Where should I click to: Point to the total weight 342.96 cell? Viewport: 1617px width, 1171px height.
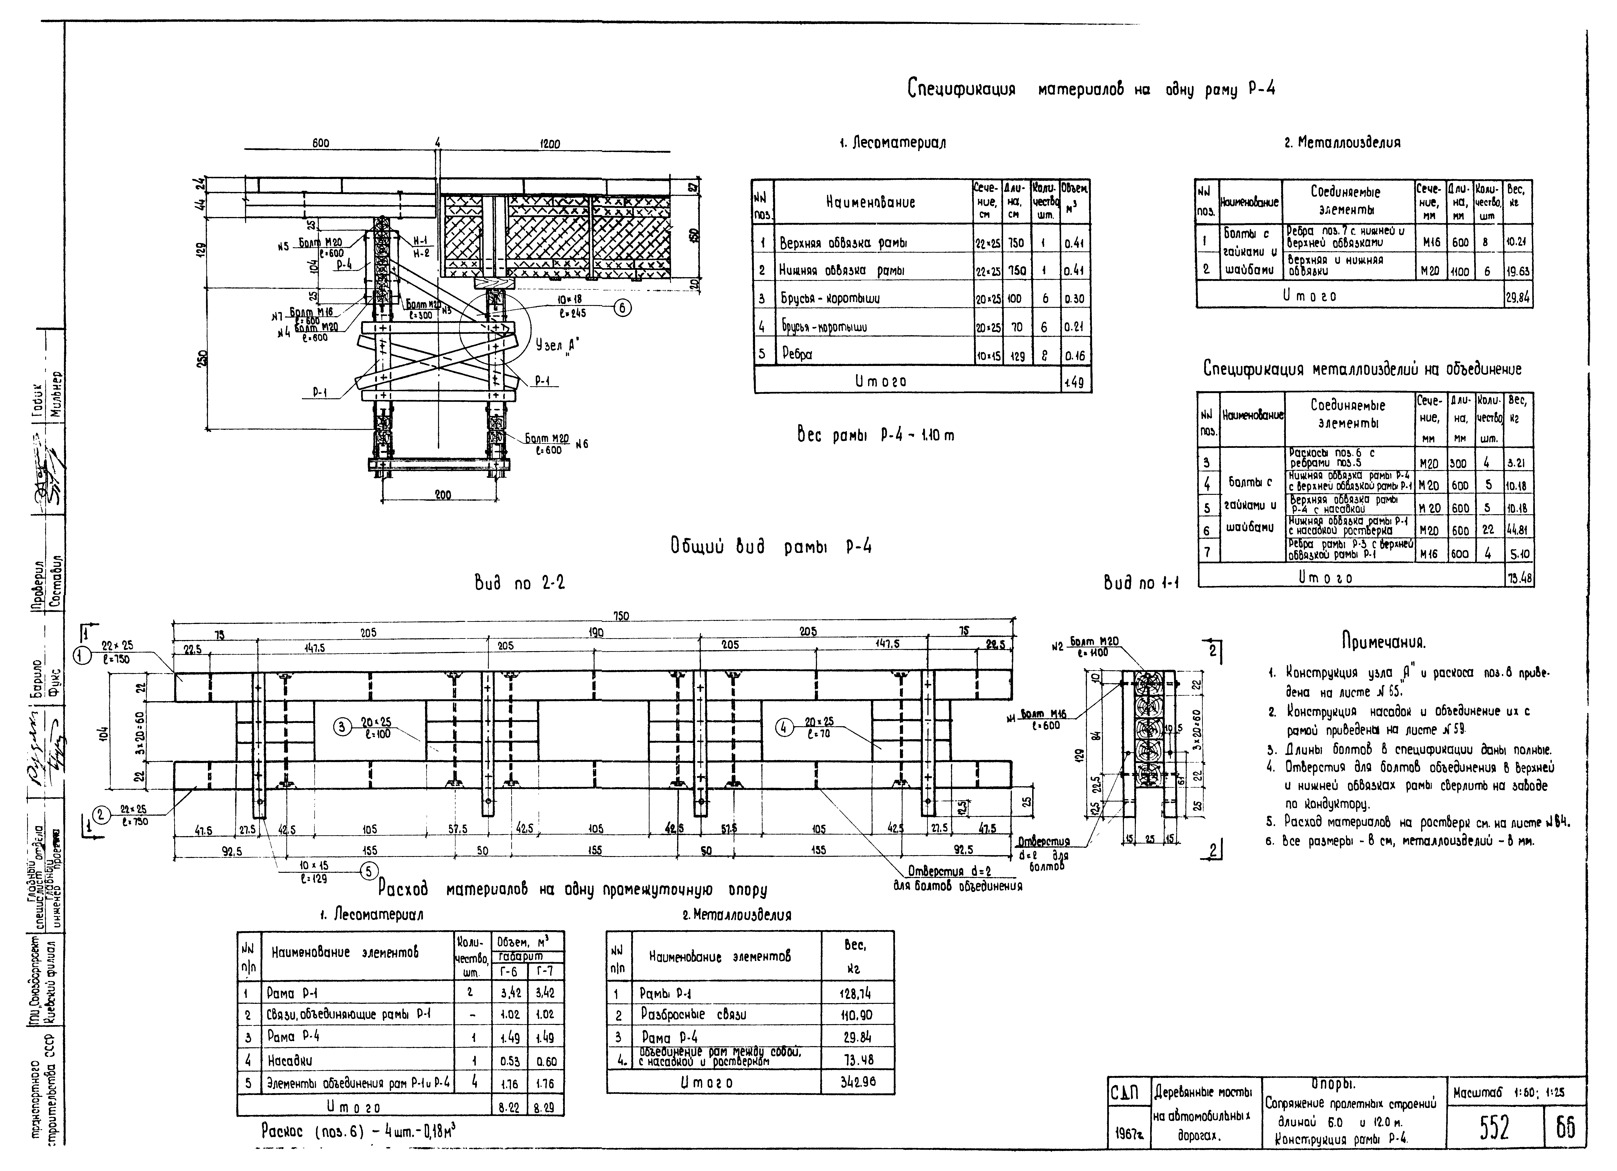(x=857, y=1082)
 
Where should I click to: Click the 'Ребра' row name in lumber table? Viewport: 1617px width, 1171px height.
(x=797, y=354)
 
